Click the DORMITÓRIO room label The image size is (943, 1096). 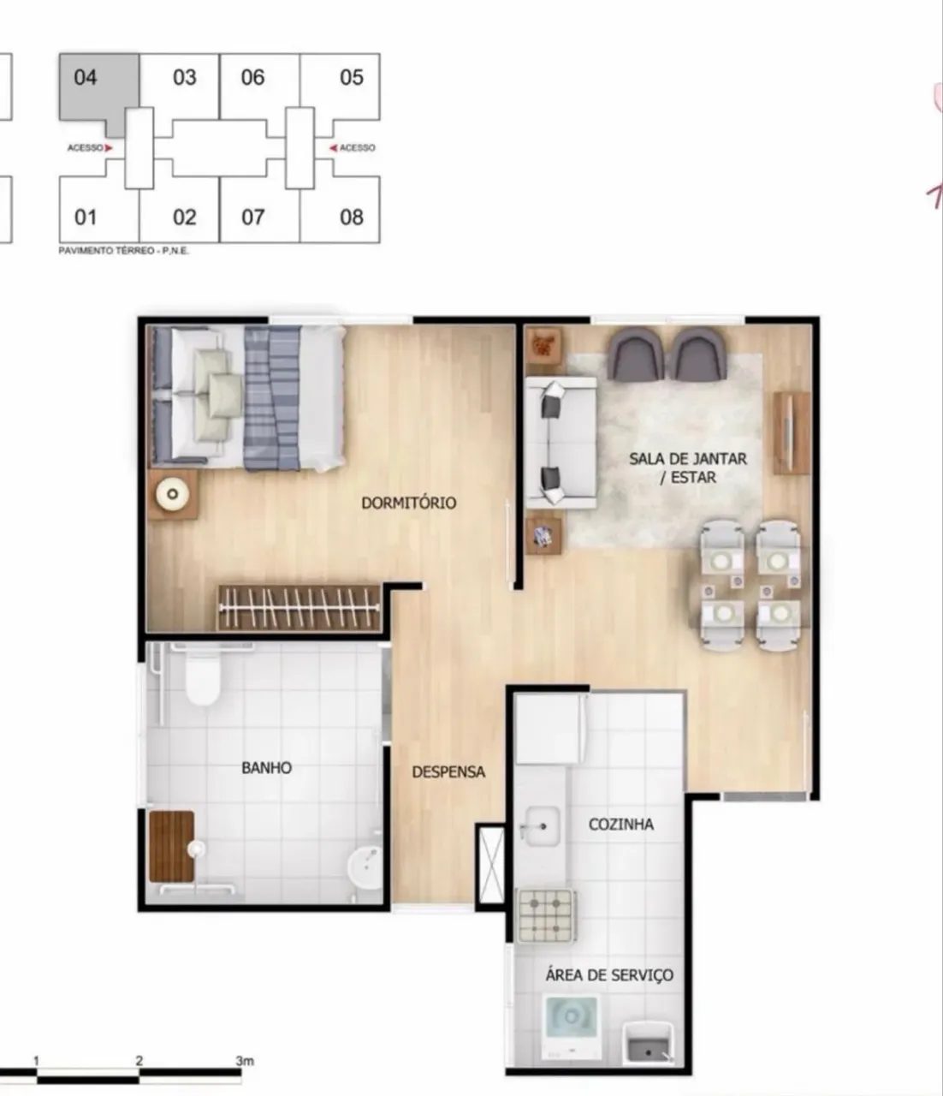(408, 503)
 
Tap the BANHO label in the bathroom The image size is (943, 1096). (266, 768)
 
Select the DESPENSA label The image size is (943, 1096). (448, 772)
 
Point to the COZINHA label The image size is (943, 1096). (621, 824)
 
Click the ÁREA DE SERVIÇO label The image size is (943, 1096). (609, 974)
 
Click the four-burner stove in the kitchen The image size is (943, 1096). (546, 915)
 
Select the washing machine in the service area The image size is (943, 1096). (571, 1026)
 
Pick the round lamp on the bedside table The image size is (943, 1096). (173, 494)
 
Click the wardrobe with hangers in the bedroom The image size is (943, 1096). (300, 608)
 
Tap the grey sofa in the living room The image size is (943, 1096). (560, 442)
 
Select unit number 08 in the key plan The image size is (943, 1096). (352, 217)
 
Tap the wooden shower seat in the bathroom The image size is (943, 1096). (172, 847)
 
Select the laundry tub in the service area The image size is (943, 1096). (648, 1042)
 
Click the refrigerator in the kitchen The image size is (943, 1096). (551, 729)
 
